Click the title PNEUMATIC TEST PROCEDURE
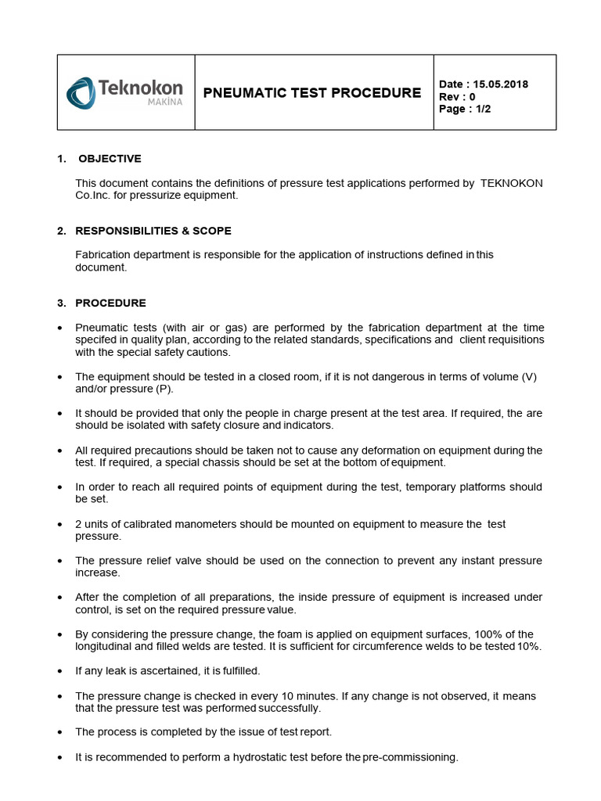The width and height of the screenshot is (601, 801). [311, 93]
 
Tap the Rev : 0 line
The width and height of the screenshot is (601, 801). [458, 97]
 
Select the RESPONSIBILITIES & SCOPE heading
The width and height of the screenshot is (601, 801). [153, 231]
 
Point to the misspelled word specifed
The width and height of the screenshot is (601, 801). [98, 340]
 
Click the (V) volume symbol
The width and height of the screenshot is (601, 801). [529, 376]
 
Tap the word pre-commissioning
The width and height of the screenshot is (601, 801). [409, 757]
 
